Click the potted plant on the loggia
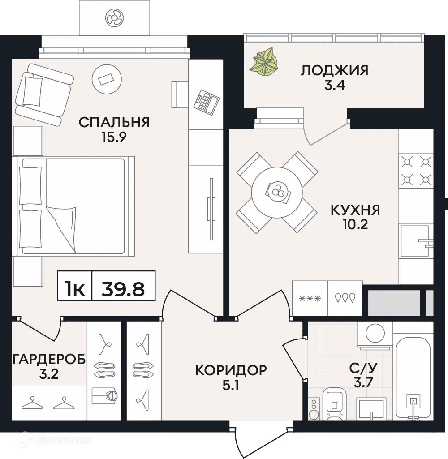pos(264,61)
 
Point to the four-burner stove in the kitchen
pos(416,170)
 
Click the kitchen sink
pos(415,241)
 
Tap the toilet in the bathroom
pos(334,403)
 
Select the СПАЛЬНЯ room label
pos(114,122)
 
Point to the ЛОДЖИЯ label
pos(334,70)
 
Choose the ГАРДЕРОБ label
pos(49,359)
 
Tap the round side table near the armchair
pos(107,79)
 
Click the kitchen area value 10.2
pos(355,224)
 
